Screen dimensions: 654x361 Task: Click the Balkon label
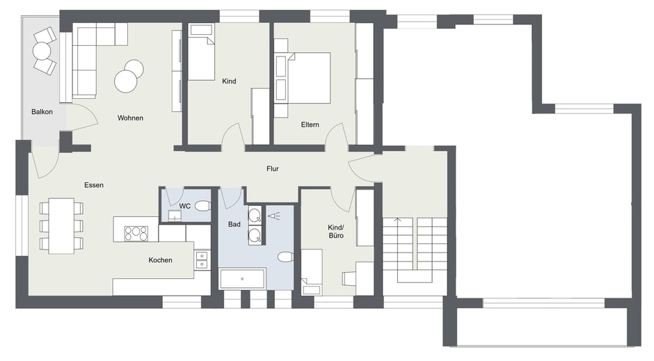[42, 112]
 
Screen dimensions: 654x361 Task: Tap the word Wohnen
[130, 118]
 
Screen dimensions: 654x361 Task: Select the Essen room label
[94, 185]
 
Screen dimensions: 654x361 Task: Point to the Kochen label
[160, 260]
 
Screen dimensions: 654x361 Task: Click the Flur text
[272, 169]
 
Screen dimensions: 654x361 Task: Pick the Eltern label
[310, 125]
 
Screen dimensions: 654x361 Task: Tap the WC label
[185, 206]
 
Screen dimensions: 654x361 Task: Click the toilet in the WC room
[203, 205]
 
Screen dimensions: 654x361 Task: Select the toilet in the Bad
[286, 257]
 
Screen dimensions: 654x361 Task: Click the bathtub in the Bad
[242, 279]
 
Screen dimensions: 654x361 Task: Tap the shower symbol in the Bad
[273, 216]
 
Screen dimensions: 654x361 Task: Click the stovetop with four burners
[136, 234]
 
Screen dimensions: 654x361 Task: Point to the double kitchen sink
[202, 260]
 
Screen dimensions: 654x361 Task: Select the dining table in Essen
[61, 226]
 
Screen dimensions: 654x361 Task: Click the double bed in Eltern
[308, 78]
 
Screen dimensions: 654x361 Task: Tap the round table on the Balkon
[42, 51]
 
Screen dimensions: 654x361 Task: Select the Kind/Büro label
[336, 232]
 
